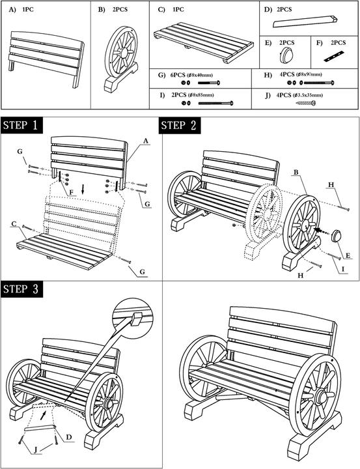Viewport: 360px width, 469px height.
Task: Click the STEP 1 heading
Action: (21, 125)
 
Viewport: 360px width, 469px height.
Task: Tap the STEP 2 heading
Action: (180, 125)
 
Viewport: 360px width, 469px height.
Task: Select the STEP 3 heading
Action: (21, 289)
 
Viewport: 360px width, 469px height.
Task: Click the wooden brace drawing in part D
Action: (305, 21)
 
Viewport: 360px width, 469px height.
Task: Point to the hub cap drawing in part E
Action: (286, 55)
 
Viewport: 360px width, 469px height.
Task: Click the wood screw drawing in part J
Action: (306, 103)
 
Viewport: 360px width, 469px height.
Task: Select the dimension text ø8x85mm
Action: (201, 95)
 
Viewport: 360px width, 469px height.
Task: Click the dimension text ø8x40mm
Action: (199, 75)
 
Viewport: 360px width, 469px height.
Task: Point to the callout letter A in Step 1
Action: (146, 141)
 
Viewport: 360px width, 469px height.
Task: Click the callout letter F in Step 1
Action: (71, 192)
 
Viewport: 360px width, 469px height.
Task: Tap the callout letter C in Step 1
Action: (14, 224)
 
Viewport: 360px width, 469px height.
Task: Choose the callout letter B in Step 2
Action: (296, 172)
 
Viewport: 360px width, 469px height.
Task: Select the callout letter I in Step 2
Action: (343, 269)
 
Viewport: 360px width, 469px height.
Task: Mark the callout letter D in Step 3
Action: (69, 438)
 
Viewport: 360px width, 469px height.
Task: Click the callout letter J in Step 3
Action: (36, 450)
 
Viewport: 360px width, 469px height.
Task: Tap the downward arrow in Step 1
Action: (83, 188)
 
